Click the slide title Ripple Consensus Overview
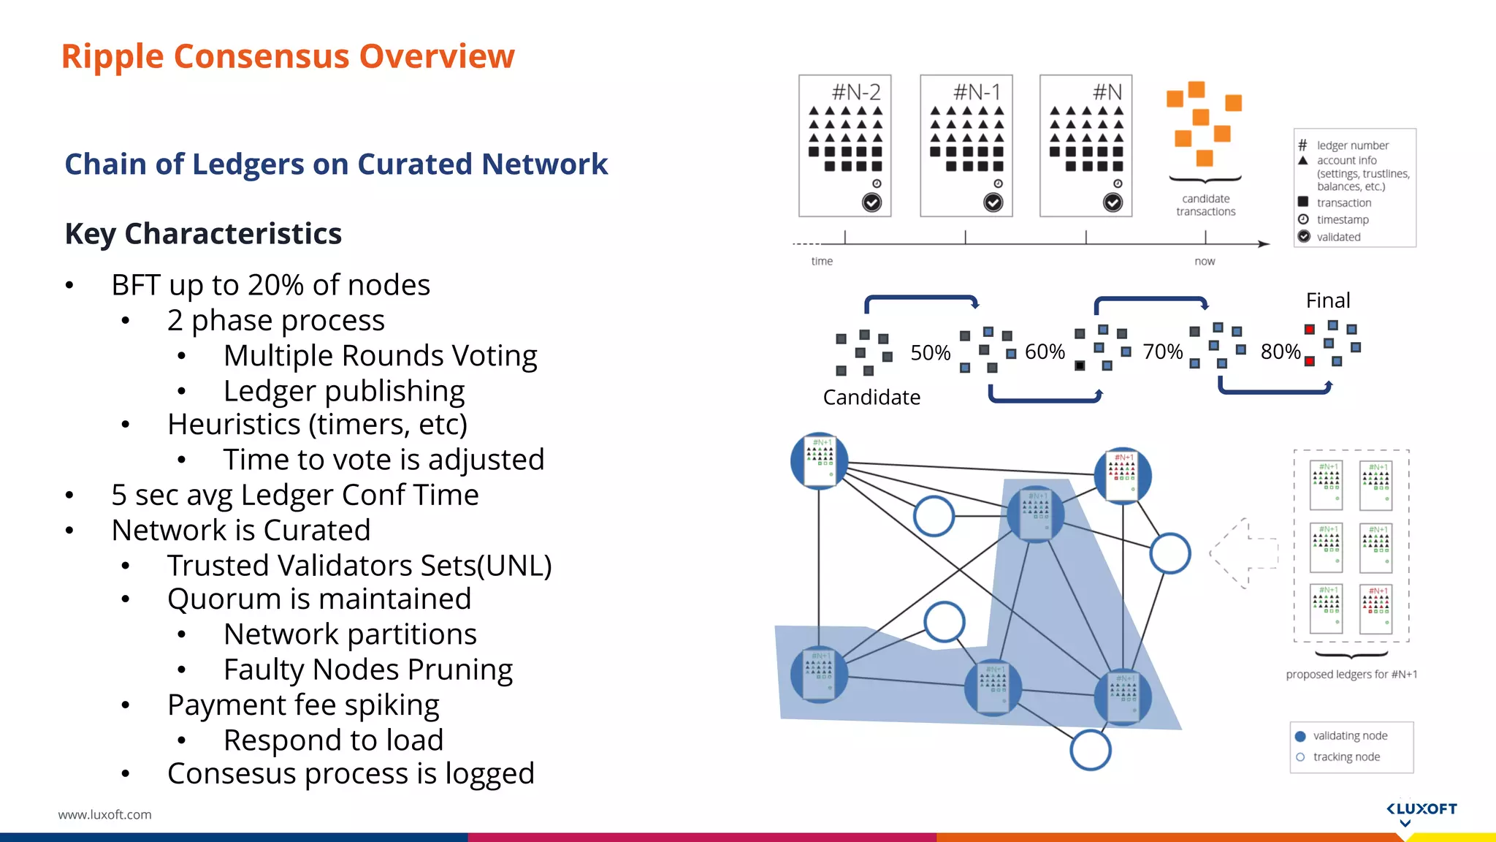tap(288, 56)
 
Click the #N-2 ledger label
tap(856, 92)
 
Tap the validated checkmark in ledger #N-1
tap(993, 202)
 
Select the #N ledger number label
tap(1107, 92)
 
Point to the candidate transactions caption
tap(1205, 205)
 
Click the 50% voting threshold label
tap(930, 353)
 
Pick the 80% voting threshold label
tap(1280, 352)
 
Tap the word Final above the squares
tap(1327, 300)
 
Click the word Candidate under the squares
tap(871, 398)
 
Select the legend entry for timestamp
tap(1342, 220)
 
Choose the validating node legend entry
tap(1349, 736)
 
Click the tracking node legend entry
tap(1346, 757)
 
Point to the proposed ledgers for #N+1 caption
tap(1351, 675)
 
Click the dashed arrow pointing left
tap(1244, 553)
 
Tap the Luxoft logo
tap(1421, 810)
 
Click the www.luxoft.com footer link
tap(104, 814)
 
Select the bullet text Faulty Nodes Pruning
tap(367, 670)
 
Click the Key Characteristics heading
tap(203, 234)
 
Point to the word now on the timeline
tap(1205, 262)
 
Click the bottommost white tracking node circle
tap(1090, 750)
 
